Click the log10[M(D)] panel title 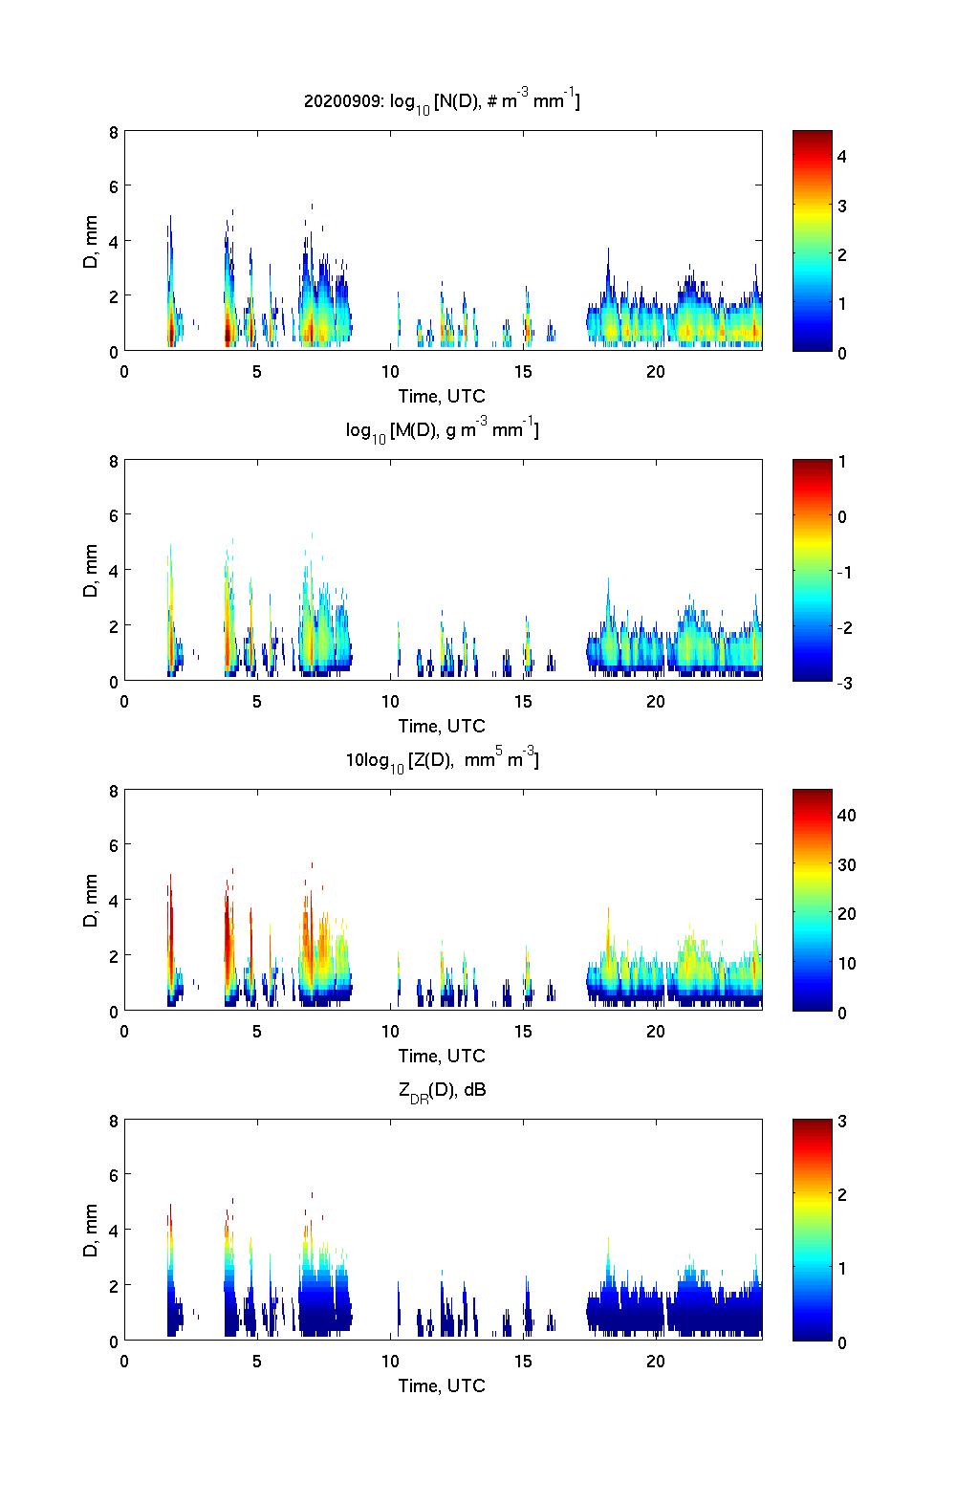[442, 431]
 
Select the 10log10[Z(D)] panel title [442, 761]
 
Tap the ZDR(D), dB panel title [442, 1090]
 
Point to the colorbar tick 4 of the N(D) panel [842, 156]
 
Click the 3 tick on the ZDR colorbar [842, 1121]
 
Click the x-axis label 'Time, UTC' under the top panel [442, 396]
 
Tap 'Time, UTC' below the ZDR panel [442, 1385]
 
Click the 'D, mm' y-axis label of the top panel [91, 242]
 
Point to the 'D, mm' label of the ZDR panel [91, 1231]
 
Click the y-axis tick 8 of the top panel [113, 132]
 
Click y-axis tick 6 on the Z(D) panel [113, 845]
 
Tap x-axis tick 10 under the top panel [390, 371]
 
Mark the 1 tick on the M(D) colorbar [842, 461]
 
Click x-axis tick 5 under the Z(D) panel [257, 1031]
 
